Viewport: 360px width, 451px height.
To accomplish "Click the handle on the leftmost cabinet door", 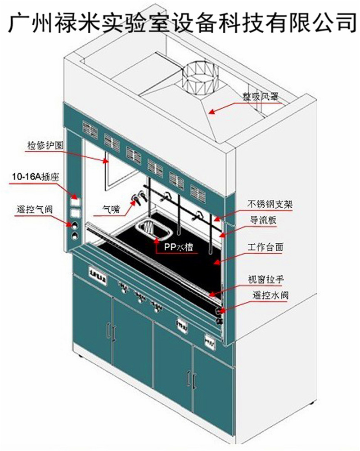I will [108, 331].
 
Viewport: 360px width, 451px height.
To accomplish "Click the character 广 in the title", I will [18, 21].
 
